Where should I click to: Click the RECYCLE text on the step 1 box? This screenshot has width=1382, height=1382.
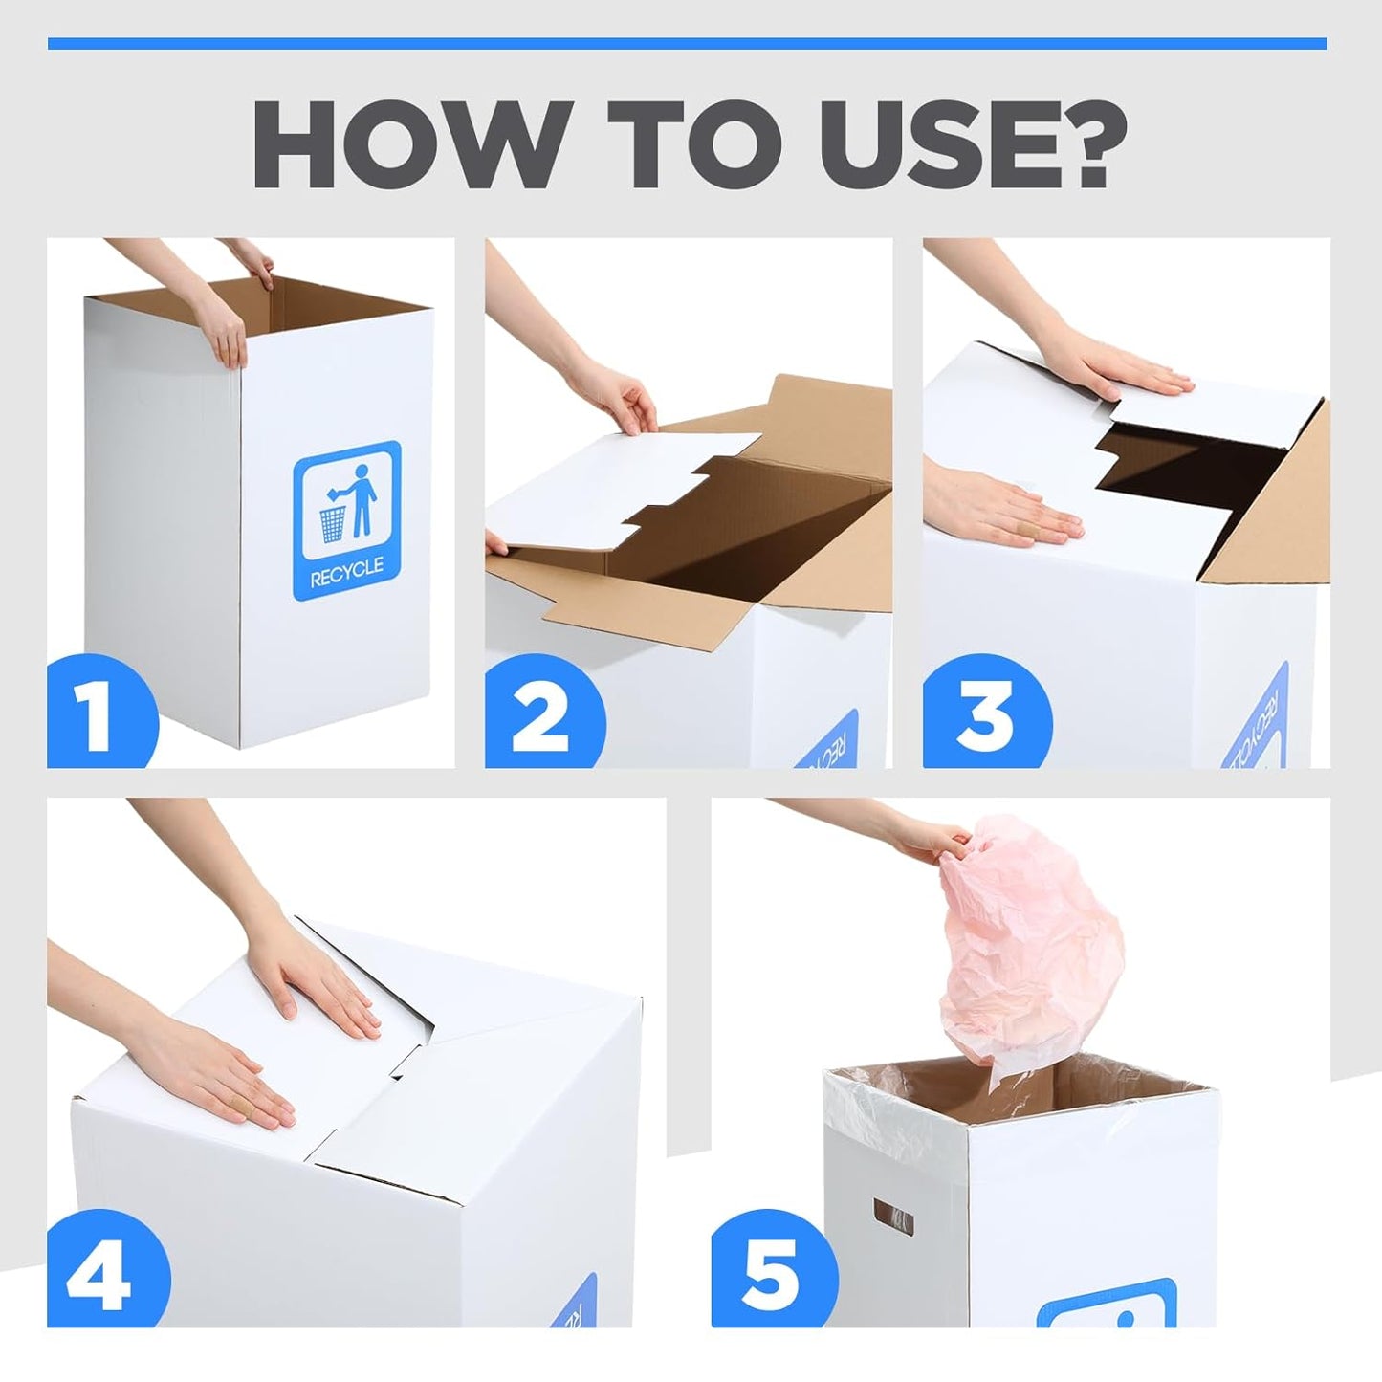tap(346, 567)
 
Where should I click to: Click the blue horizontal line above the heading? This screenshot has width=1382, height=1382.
tap(687, 43)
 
